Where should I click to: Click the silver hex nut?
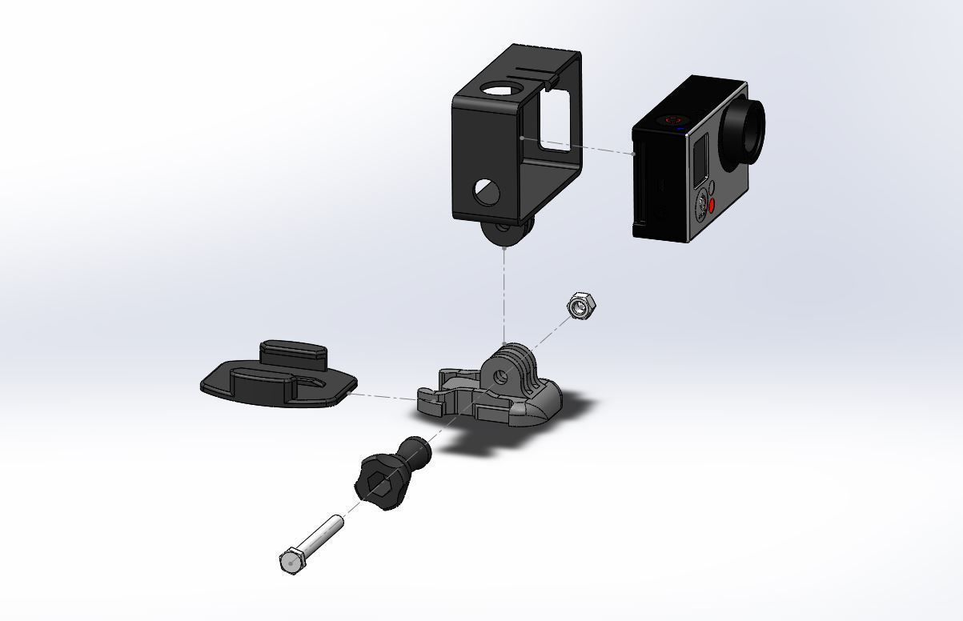[x=581, y=306]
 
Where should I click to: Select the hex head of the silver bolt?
[x=291, y=561]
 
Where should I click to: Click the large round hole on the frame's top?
[x=499, y=90]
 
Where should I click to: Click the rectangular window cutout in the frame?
[x=558, y=120]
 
